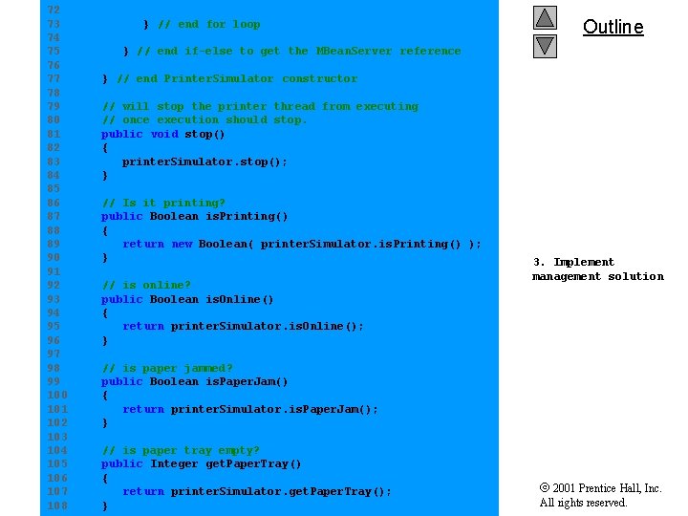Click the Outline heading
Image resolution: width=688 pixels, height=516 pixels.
coord(613,27)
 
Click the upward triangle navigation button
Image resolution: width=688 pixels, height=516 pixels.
coord(545,17)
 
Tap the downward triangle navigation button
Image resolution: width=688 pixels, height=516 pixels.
coord(545,45)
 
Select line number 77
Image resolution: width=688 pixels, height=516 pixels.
coord(54,78)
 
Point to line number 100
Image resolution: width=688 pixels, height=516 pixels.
coord(56,395)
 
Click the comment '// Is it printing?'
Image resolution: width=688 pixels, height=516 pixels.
coord(163,203)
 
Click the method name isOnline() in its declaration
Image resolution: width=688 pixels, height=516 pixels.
coord(240,299)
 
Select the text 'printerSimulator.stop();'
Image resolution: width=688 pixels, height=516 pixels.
coord(204,161)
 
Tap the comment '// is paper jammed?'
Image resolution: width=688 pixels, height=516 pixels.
coord(167,368)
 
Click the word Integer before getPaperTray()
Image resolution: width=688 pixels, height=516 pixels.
coord(175,463)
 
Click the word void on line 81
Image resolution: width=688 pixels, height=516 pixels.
coord(163,134)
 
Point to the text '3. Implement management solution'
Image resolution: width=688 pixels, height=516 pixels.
coord(597,269)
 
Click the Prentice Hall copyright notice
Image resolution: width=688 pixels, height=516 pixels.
coord(600,495)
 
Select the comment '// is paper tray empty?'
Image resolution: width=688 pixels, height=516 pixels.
coord(181,450)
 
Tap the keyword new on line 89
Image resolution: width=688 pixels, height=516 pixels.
coord(182,244)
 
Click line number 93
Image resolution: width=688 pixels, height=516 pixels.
coord(54,299)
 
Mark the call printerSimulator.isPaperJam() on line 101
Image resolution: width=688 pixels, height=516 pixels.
coord(274,409)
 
